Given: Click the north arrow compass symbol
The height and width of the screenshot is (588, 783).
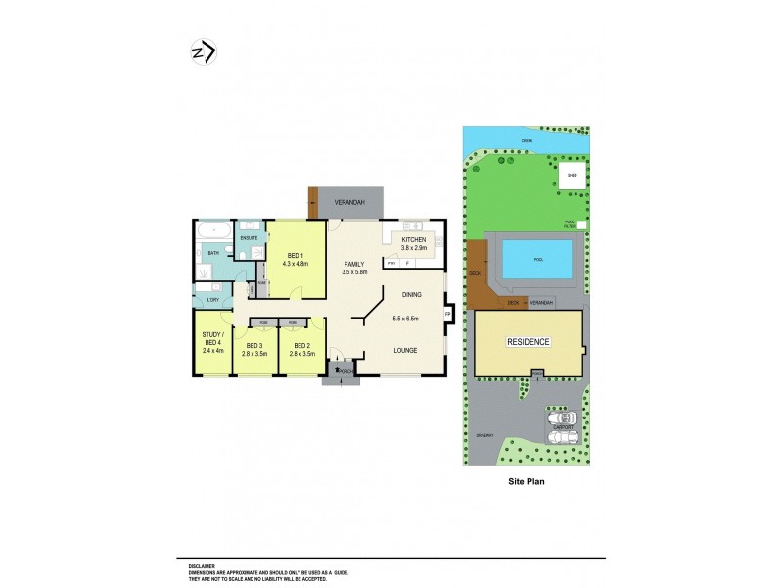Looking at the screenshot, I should point(203,52).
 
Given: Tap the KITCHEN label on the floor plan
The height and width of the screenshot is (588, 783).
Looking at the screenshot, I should point(414,240).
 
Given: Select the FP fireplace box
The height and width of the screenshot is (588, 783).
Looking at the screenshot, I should point(448,314).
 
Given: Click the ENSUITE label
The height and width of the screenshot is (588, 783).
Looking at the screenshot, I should point(249,238).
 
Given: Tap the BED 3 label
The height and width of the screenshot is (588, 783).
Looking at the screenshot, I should point(254,345).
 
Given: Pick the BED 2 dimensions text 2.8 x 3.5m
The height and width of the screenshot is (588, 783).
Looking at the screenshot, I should point(301,353).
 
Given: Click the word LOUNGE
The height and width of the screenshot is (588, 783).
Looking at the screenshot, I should point(405,350).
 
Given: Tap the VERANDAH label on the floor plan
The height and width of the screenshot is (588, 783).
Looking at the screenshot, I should point(349,202).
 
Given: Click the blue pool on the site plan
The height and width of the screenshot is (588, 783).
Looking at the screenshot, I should point(537,260).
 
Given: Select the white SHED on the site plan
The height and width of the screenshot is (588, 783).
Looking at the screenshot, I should point(572,176).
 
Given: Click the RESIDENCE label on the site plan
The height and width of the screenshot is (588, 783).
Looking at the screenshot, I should point(528,342).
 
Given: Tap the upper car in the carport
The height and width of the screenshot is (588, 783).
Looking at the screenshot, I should point(562,417).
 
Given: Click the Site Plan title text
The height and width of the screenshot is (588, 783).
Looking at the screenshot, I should point(526,482).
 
